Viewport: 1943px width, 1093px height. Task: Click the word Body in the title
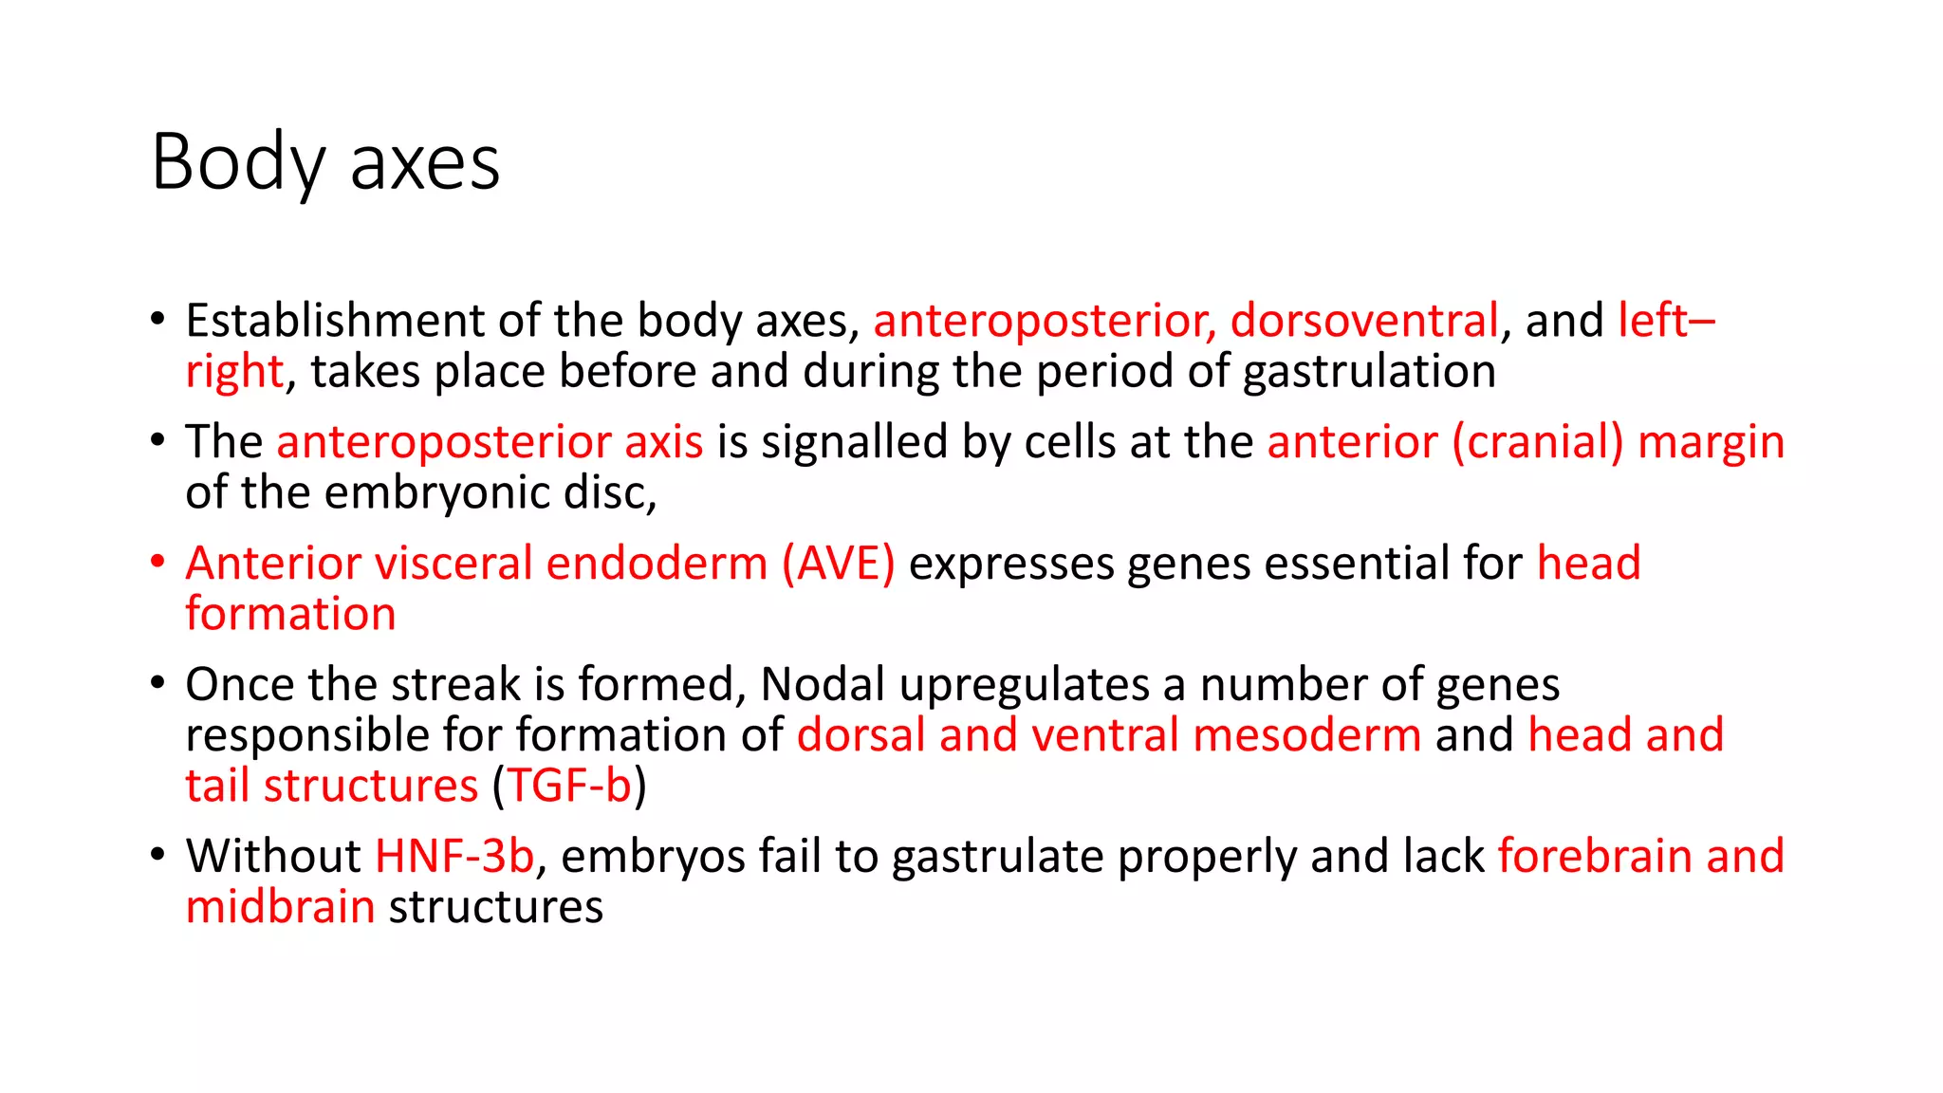(238, 163)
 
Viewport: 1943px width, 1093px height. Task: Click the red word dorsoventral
(1364, 321)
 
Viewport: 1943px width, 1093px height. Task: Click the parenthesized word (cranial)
(1538, 442)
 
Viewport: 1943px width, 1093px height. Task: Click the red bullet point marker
(157, 562)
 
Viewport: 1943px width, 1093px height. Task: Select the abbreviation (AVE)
(838, 564)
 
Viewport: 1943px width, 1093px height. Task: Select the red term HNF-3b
(454, 856)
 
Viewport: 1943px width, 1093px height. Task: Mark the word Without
(273, 856)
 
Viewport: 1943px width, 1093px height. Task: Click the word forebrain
(1595, 856)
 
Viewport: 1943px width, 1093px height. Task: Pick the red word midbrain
(280, 907)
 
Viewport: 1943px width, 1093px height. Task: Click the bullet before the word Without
(157, 854)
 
